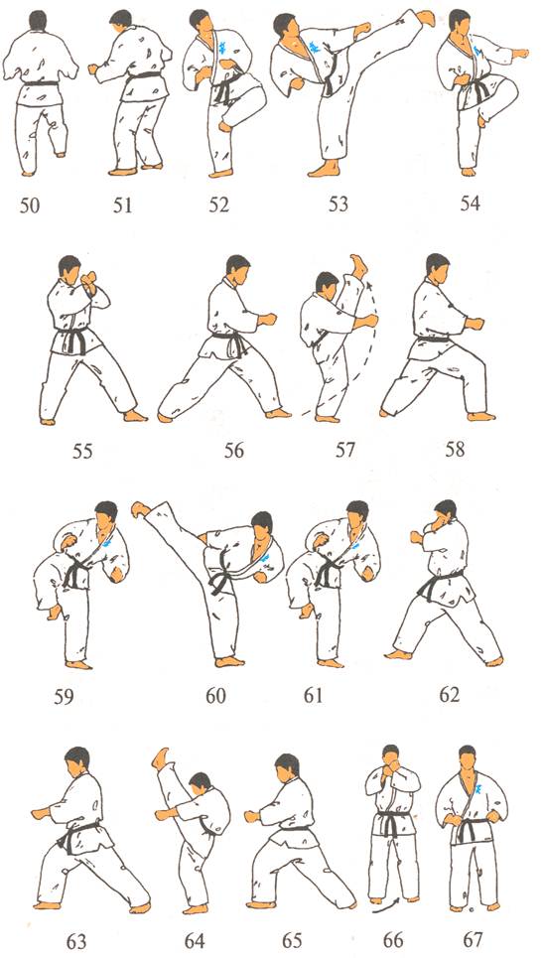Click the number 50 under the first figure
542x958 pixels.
pos(30,205)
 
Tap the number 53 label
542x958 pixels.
pos(338,205)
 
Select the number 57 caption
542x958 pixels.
pos(344,451)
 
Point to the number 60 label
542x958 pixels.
pos(215,696)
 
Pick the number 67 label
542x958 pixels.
pos(473,940)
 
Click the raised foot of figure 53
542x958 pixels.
pos(424,17)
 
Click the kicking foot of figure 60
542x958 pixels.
pos(141,509)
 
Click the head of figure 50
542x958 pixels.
pos(38,20)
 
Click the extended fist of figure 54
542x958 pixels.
pos(520,54)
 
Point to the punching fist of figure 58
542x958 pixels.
pos(474,323)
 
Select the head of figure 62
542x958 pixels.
pos(445,511)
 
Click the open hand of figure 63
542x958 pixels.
pos(41,813)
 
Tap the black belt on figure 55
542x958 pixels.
pos(73,338)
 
